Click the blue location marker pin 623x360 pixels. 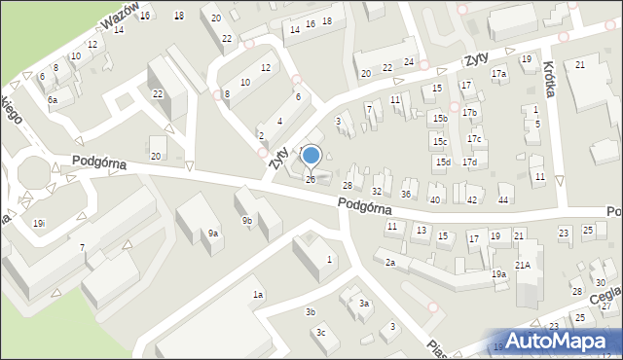[x=311, y=157]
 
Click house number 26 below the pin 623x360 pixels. [x=311, y=179]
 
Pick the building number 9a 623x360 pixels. [x=213, y=234]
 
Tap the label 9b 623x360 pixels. [x=247, y=221]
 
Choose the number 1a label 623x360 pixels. [x=258, y=295]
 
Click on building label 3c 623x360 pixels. [x=319, y=333]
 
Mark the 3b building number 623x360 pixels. [x=311, y=311]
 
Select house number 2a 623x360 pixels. [x=389, y=263]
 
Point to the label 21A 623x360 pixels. [x=523, y=266]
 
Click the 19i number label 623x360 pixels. [x=38, y=224]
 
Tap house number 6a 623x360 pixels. [x=54, y=100]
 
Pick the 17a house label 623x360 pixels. [x=499, y=74]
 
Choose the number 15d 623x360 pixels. [x=443, y=162]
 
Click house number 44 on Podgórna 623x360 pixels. [x=503, y=199]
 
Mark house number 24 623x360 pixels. [x=410, y=62]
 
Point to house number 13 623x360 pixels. [x=421, y=231]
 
